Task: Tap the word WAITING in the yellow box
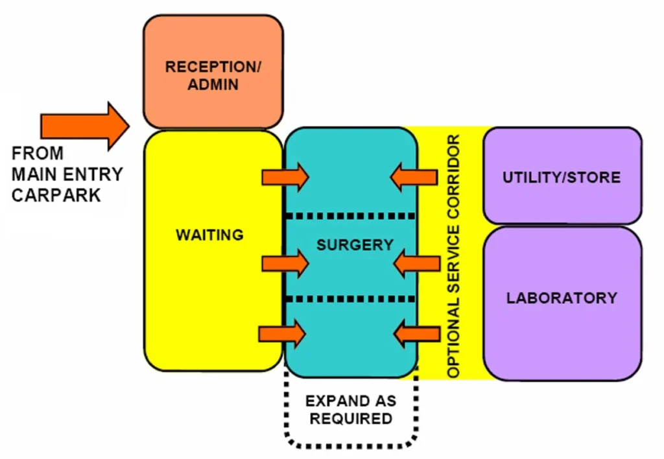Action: (x=209, y=235)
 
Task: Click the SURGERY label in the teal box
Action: (x=355, y=245)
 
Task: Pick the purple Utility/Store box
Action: (x=562, y=176)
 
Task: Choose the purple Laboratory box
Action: (x=562, y=298)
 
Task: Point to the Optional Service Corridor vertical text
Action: (x=454, y=257)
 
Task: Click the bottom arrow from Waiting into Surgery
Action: (x=283, y=334)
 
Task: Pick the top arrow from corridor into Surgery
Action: (x=414, y=177)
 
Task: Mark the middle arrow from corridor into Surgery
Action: (x=416, y=263)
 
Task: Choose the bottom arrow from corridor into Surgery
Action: (x=416, y=334)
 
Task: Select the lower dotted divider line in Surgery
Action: (x=350, y=299)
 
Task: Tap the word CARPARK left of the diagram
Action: (x=56, y=194)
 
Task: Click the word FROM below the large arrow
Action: (x=38, y=154)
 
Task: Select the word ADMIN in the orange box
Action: (x=213, y=84)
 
